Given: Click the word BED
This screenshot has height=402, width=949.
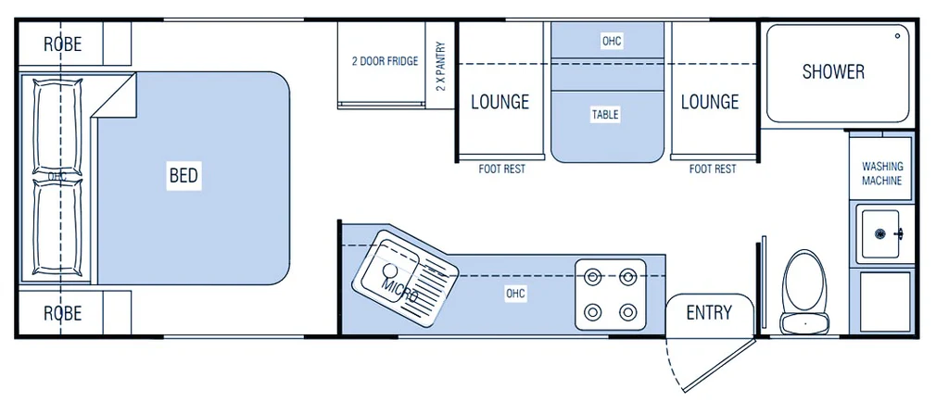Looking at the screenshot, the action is pyautogui.click(x=183, y=176).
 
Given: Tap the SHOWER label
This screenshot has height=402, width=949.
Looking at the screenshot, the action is pyautogui.click(x=833, y=71).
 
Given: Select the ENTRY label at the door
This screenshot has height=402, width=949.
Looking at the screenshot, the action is pyautogui.click(x=709, y=312).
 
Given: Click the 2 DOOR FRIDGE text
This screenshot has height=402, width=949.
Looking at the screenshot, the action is pyautogui.click(x=385, y=61).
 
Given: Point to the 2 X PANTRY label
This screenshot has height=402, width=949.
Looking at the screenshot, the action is pyautogui.click(x=440, y=67).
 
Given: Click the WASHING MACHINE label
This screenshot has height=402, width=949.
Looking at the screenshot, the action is pyautogui.click(x=882, y=173).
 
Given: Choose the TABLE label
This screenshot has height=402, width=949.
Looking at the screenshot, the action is pyautogui.click(x=605, y=114).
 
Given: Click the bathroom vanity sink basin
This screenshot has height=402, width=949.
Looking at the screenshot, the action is pyautogui.click(x=881, y=233).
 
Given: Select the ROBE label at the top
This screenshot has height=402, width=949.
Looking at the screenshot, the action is pyautogui.click(x=62, y=44).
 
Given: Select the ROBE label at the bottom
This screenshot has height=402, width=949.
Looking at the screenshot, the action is pyautogui.click(x=62, y=313).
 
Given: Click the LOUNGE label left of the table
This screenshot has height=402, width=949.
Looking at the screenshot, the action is pyautogui.click(x=500, y=102).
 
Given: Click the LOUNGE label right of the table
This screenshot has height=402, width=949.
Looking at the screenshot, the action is pyautogui.click(x=710, y=102).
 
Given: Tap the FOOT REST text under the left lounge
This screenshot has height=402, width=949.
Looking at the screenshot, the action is pyautogui.click(x=501, y=170).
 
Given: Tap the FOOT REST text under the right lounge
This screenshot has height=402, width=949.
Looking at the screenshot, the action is pyautogui.click(x=713, y=170).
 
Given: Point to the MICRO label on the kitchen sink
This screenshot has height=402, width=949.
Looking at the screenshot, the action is pyautogui.click(x=399, y=291).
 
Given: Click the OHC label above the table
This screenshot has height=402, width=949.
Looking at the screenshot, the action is pyautogui.click(x=612, y=41).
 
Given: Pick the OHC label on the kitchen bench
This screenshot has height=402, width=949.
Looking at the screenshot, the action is pyautogui.click(x=515, y=295).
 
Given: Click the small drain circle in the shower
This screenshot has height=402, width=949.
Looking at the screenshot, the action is pyautogui.click(x=897, y=36).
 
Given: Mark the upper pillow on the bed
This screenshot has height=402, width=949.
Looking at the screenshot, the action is pyautogui.click(x=57, y=127).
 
